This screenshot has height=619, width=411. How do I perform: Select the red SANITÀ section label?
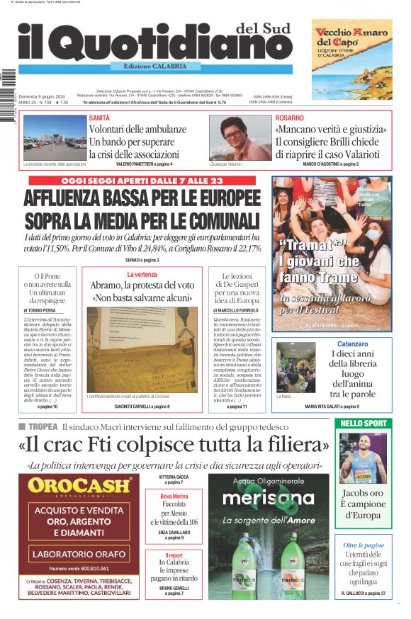click(99, 118)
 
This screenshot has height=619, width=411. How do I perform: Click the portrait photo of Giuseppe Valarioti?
click(240, 137)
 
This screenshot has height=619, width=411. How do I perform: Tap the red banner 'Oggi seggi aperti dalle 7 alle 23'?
click(142, 181)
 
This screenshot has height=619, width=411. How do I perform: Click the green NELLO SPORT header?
click(363, 424)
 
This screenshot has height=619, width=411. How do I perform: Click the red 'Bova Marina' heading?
click(174, 496)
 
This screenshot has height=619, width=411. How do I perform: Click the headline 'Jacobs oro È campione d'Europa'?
click(363, 503)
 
